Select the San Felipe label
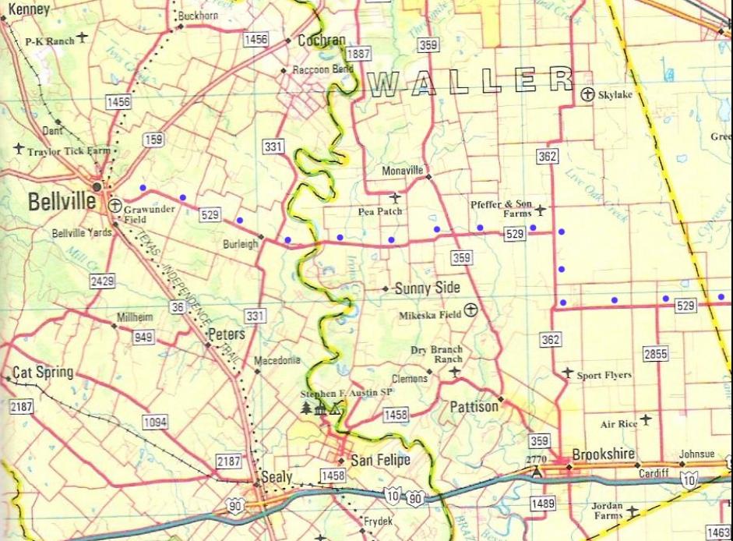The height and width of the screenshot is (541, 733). (380, 460)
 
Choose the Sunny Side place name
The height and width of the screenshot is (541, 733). (428, 288)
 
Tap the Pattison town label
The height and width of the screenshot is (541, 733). (474, 407)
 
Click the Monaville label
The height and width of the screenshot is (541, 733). (402, 170)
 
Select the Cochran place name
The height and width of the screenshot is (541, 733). (322, 41)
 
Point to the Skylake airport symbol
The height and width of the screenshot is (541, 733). (588, 94)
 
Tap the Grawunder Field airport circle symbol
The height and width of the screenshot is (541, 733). (115, 206)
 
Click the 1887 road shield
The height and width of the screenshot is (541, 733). (358, 54)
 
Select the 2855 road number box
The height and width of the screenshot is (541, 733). (656, 354)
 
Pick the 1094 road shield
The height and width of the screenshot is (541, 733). (156, 422)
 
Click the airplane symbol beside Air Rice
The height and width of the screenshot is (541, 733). (646, 420)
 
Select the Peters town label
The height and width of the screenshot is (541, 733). (227, 334)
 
